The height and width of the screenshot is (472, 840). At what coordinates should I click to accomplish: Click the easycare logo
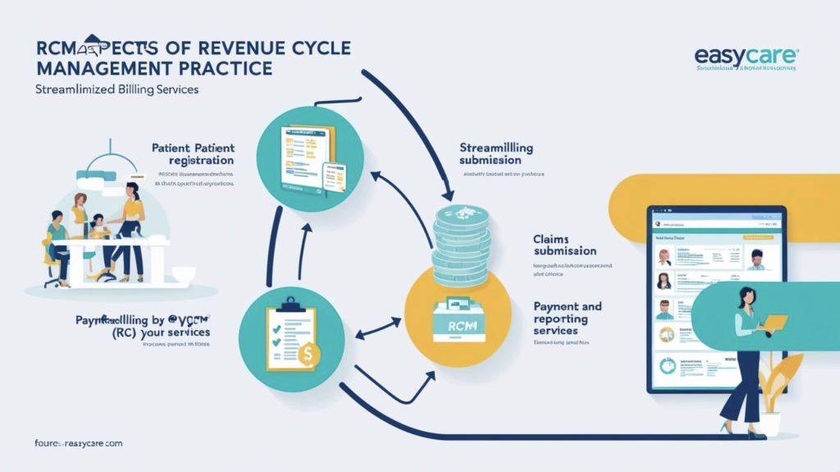click(746, 57)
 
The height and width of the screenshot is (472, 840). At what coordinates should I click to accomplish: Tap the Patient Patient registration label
click(193, 154)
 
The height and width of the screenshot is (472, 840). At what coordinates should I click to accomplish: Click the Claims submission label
click(565, 245)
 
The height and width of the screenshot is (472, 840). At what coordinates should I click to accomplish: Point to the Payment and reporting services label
click(567, 318)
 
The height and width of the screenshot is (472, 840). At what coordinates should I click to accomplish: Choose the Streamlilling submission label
click(495, 154)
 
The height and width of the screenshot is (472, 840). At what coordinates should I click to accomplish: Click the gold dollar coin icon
click(309, 355)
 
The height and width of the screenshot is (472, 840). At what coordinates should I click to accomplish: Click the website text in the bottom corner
click(68, 443)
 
